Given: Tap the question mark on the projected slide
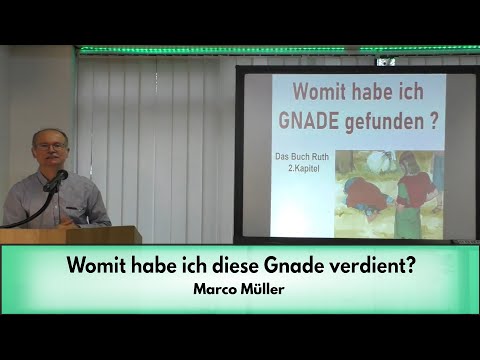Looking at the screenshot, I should click(433, 127).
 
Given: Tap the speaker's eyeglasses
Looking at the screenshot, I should click(50, 146).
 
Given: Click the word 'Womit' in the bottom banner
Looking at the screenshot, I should click(98, 268).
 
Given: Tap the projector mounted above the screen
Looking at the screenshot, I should click(385, 61).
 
